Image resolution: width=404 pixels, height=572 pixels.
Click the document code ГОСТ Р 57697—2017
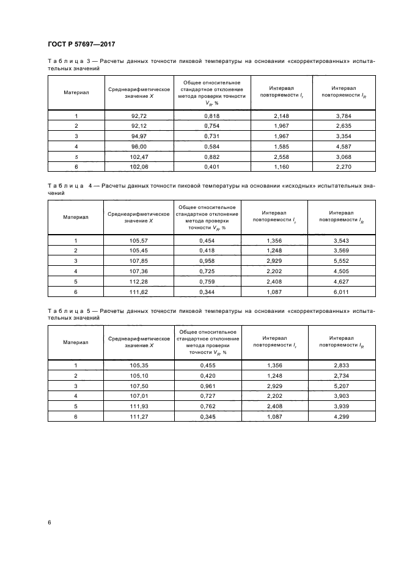click(81, 44)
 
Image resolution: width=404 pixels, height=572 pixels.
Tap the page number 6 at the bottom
click(50, 522)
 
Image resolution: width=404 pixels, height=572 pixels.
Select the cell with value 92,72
click(139, 116)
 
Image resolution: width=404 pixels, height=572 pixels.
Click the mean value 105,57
click(139, 241)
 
